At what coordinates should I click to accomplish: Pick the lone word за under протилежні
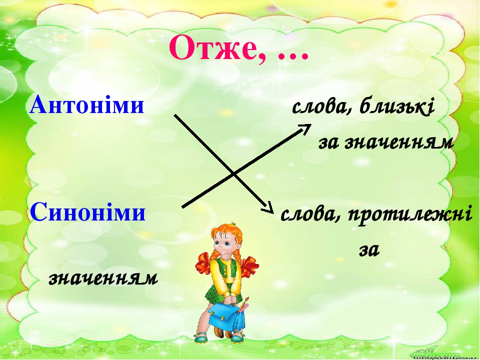[369, 250]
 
